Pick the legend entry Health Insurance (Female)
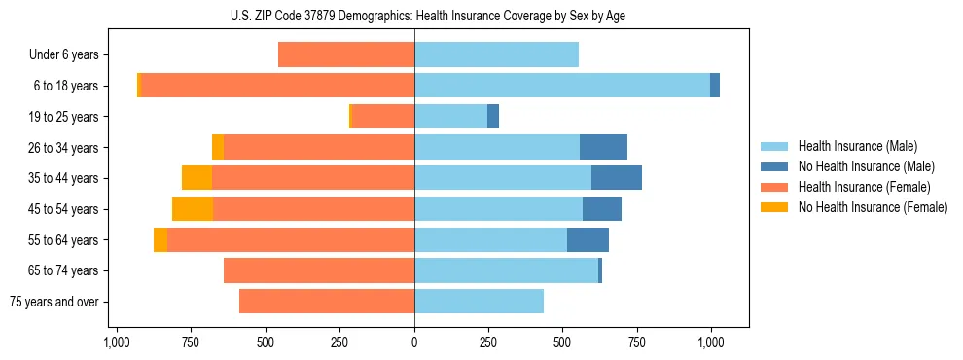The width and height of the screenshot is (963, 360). click(x=865, y=187)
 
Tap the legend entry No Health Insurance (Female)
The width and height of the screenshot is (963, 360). click(x=873, y=207)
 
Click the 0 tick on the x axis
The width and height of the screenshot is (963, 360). click(x=414, y=342)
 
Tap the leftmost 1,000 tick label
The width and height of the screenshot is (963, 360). click(x=117, y=342)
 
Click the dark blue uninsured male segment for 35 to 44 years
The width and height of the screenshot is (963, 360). click(x=616, y=178)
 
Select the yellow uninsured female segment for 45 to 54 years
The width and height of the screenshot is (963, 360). click(x=193, y=209)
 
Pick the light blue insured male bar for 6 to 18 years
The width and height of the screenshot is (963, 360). click(x=562, y=86)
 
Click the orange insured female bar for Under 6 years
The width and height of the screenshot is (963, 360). click(x=346, y=55)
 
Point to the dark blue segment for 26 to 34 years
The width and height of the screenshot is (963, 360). click(x=603, y=147)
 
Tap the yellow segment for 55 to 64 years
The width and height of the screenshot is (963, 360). click(x=160, y=240)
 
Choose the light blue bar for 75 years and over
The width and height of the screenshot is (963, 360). click(x=479, y=302)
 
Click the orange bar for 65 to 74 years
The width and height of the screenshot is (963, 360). click(x=319, y=270)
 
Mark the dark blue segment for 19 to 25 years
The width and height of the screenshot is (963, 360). click(x=493, y=117)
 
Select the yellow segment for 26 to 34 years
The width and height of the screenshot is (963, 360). click(x=218, y=147)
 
